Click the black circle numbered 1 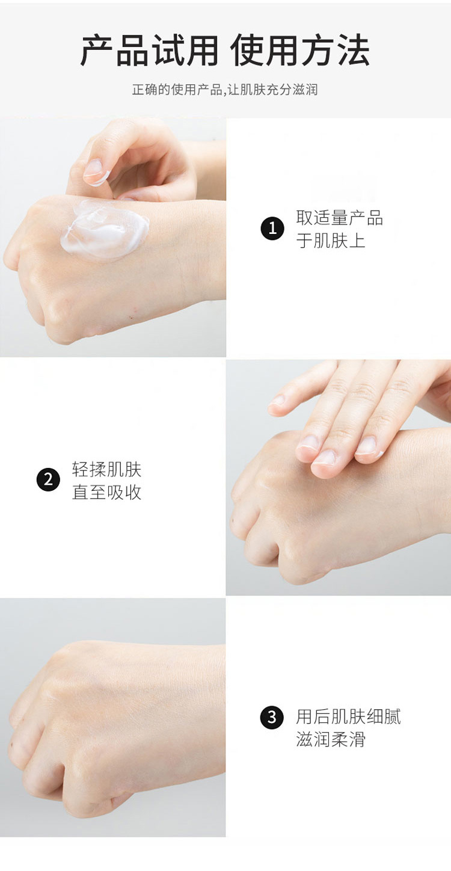272,228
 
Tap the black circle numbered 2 48,480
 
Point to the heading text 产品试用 149,51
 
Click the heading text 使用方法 300,51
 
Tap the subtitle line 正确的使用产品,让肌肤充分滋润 225,90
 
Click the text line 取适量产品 339,217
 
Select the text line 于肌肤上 331,240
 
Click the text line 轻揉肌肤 106,469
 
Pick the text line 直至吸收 106,492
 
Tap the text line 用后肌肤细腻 348,716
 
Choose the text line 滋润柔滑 331,739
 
